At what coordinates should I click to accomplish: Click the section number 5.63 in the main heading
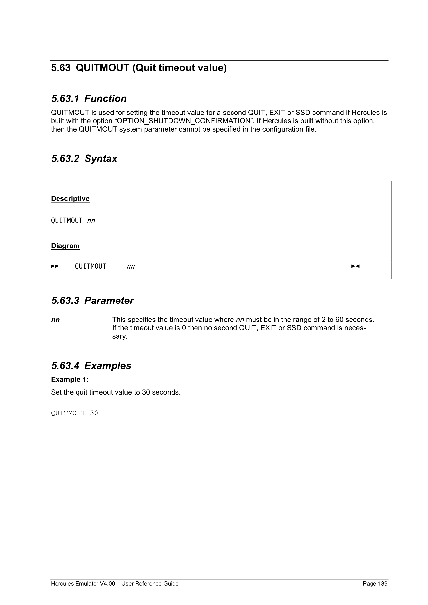click(61, 68)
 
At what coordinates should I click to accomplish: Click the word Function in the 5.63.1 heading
click(105, 99)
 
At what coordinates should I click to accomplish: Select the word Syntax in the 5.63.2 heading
click(101, 159)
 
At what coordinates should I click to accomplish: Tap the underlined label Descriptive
click(70, 198)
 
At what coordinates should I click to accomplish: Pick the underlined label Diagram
click(65, 246)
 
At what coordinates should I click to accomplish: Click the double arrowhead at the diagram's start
click(55, 266)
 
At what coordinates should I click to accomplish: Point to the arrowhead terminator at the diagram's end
click(355, 266)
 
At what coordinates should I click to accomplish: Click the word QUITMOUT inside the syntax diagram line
click(90, 266)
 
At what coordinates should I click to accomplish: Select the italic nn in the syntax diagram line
click(131, 267)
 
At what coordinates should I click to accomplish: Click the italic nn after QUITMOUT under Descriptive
click(91, 221)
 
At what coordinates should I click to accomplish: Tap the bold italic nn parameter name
click(55, 320)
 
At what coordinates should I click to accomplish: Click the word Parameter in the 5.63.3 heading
click(109, 301)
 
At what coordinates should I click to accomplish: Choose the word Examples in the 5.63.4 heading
click(108, 366)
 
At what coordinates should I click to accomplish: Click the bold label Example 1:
click(70, 379)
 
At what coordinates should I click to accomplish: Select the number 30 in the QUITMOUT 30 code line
click(94, 413)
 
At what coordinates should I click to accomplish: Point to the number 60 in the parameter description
click(339, 320)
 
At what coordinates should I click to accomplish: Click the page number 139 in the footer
click(382, 583)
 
